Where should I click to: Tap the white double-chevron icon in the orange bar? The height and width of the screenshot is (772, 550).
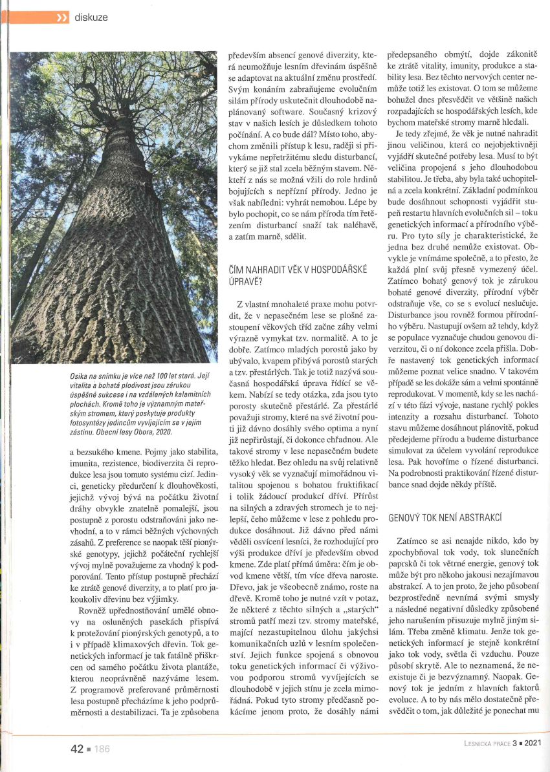coord(62,17)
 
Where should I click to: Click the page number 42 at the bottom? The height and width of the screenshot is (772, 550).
coord(77,749)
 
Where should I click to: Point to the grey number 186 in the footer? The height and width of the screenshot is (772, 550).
coord(102,749)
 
